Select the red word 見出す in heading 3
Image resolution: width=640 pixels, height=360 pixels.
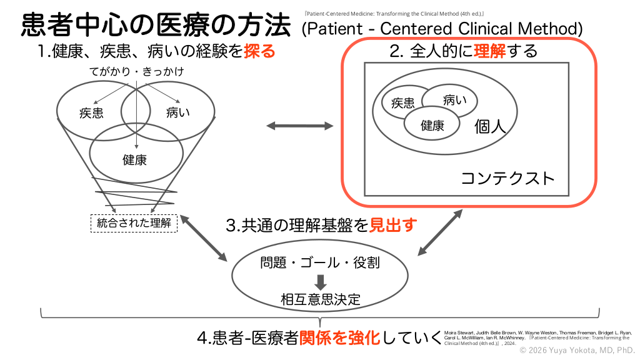[x=392, y=225]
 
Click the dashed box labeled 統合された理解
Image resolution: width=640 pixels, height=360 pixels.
[x=134, y=222]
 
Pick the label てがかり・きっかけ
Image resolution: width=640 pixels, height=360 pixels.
[x=136, y=72]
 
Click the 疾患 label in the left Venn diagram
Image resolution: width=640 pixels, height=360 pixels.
[x=91, y=113]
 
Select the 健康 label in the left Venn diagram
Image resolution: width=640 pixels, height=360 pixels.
[x=134, y=160]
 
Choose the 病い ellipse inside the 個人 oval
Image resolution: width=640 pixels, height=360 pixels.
[x=452, y=99]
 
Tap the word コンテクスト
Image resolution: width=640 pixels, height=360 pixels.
[x=507, y=179]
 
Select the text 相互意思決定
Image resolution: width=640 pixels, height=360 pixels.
[x=320, y=299]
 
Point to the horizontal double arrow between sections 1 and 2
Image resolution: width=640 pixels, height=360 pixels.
[x=300, y=126]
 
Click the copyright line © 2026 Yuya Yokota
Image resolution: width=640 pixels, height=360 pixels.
[x=577, y=351]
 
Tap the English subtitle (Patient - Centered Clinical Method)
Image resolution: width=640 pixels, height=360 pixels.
[x=442, y=29]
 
